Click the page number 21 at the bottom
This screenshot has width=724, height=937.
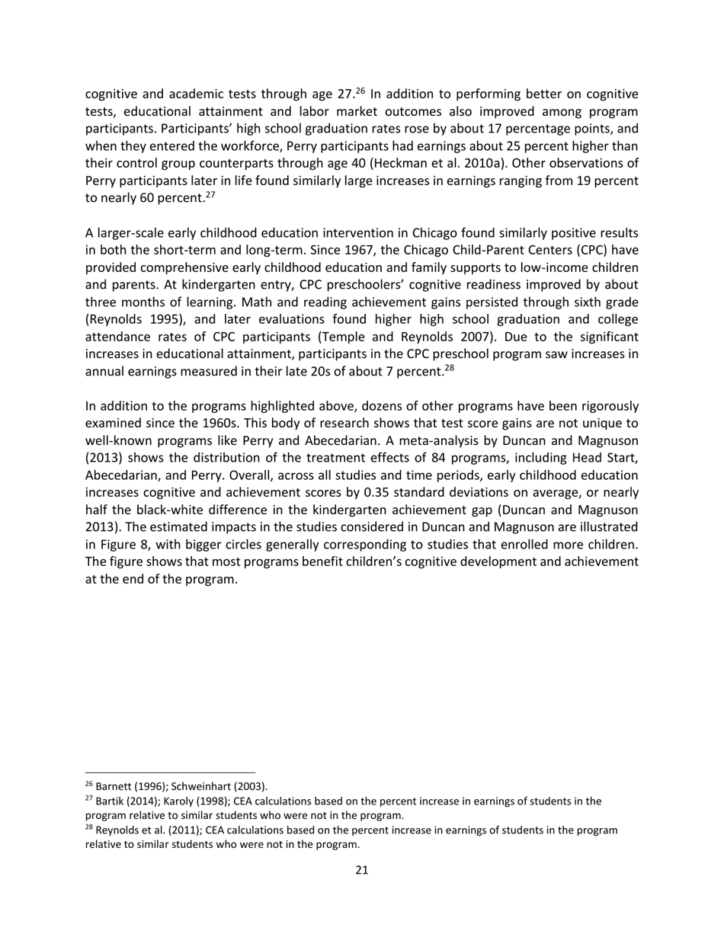[x=361, y=870]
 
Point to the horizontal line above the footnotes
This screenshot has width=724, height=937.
[x=170, y=772]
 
